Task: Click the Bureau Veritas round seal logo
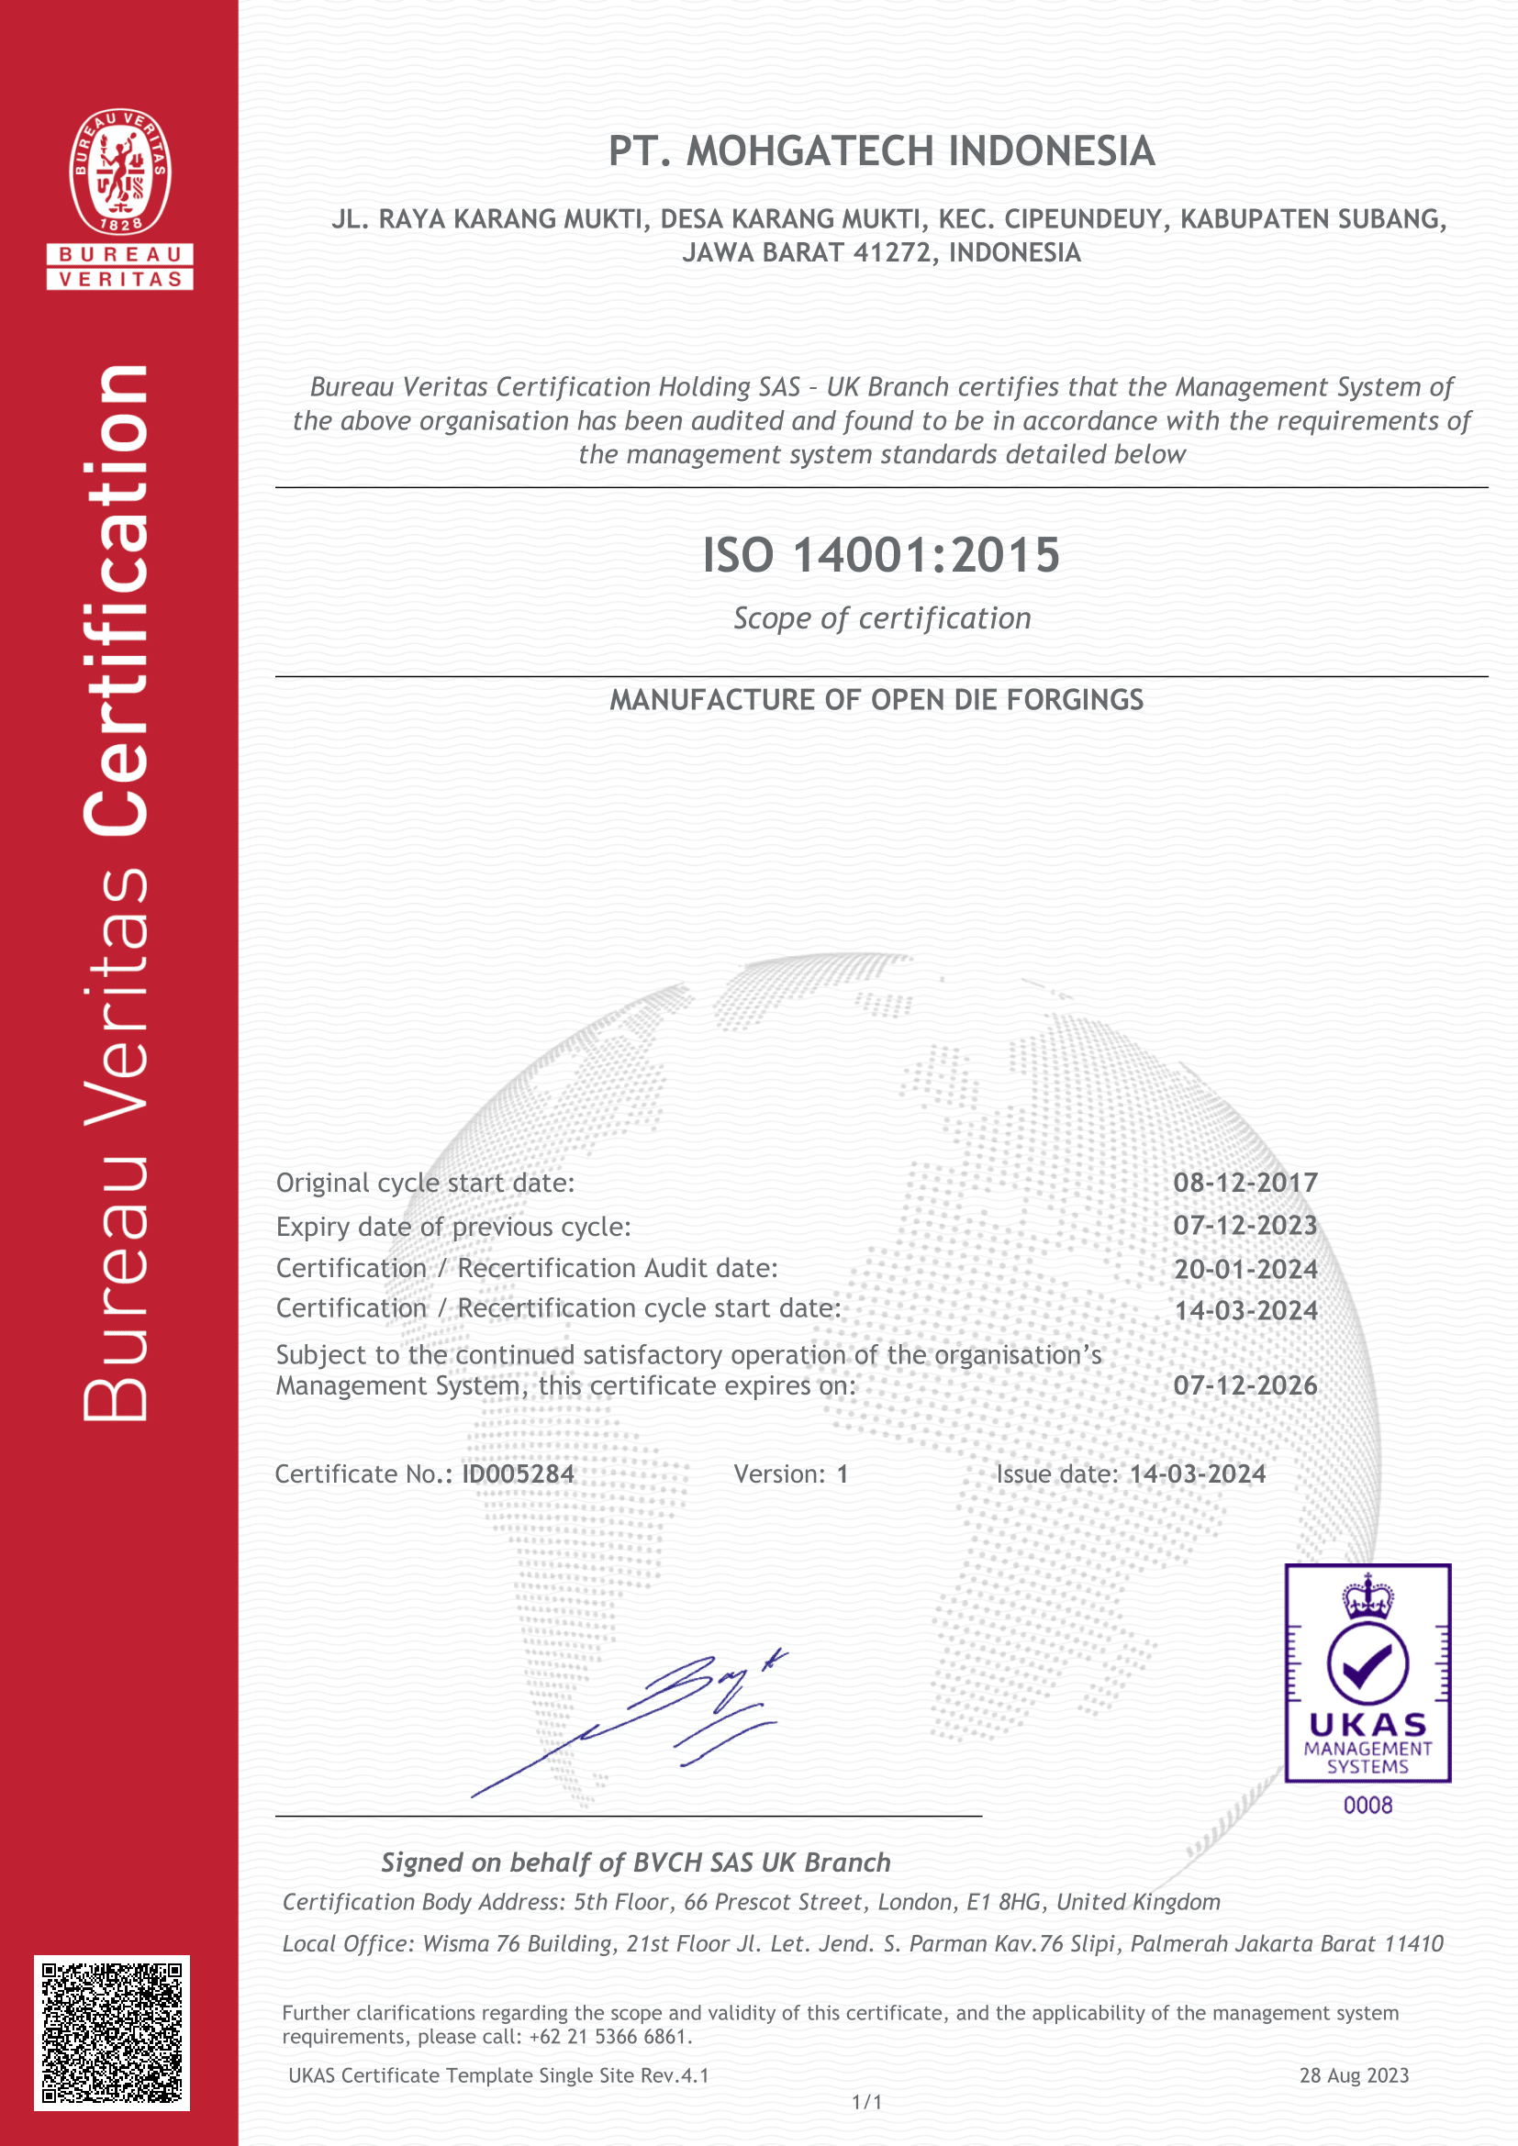[119, 171]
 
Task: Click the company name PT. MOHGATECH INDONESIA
[881, 151]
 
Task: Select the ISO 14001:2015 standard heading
[880, 555]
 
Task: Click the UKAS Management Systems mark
[1367, 1673]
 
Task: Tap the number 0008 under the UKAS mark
[1367, 1806]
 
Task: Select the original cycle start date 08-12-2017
[1245, 1183]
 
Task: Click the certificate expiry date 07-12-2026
[1245, 1385]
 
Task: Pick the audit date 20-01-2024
[1245, 1269]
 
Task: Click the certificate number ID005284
[518, 1474]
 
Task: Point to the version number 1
[843, 1474]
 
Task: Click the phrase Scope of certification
[881, 618]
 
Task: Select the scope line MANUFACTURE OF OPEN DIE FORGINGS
[876, 700]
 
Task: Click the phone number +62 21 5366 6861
[608, 2037]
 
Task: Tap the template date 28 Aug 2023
[1354, 2076]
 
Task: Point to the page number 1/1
[866, 2102]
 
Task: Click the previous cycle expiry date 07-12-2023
[1245, 1226]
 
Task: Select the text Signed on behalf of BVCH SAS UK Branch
[636, 1862]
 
